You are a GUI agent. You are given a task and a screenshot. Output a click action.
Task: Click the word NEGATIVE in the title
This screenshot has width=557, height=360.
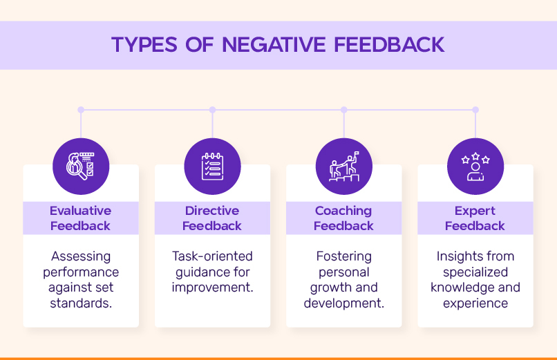point(274,45)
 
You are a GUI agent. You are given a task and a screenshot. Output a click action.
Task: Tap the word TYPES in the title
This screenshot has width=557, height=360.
point(144,45)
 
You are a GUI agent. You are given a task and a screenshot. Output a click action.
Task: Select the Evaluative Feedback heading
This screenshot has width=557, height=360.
point(81,218)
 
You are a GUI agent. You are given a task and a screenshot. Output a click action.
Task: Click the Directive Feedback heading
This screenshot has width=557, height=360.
point(212,218)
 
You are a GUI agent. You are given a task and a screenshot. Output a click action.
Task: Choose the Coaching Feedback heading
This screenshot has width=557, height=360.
point(343,218)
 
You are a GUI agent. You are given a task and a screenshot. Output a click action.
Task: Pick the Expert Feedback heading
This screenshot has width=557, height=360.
point(475,218)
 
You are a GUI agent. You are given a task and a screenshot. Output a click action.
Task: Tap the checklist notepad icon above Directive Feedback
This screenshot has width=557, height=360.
point(212,166)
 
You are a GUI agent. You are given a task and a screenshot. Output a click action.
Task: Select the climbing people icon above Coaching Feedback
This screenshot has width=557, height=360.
point(344,167)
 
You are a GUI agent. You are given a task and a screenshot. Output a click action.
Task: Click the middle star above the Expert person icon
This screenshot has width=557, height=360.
point(475,156)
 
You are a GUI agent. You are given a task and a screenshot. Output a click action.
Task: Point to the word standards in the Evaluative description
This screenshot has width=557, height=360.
point(81,303)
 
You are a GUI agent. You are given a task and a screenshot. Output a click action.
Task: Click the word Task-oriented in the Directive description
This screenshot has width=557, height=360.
point(212,256)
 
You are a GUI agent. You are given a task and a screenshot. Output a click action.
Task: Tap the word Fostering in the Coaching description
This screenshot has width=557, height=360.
point(344,256)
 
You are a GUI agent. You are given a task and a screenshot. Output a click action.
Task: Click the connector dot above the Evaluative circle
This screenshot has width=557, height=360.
point(81,110)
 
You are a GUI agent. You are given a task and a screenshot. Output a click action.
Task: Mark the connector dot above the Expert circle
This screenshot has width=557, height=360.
point(475,110)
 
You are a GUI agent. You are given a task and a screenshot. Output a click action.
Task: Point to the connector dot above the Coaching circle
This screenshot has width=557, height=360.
point(344,110)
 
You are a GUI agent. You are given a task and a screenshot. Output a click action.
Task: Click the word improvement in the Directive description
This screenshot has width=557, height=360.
point(212,287)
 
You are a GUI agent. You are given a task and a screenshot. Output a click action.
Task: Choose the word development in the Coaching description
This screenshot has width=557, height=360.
point(344,303)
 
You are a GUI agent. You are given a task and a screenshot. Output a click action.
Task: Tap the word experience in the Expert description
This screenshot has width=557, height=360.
point(475,304)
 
